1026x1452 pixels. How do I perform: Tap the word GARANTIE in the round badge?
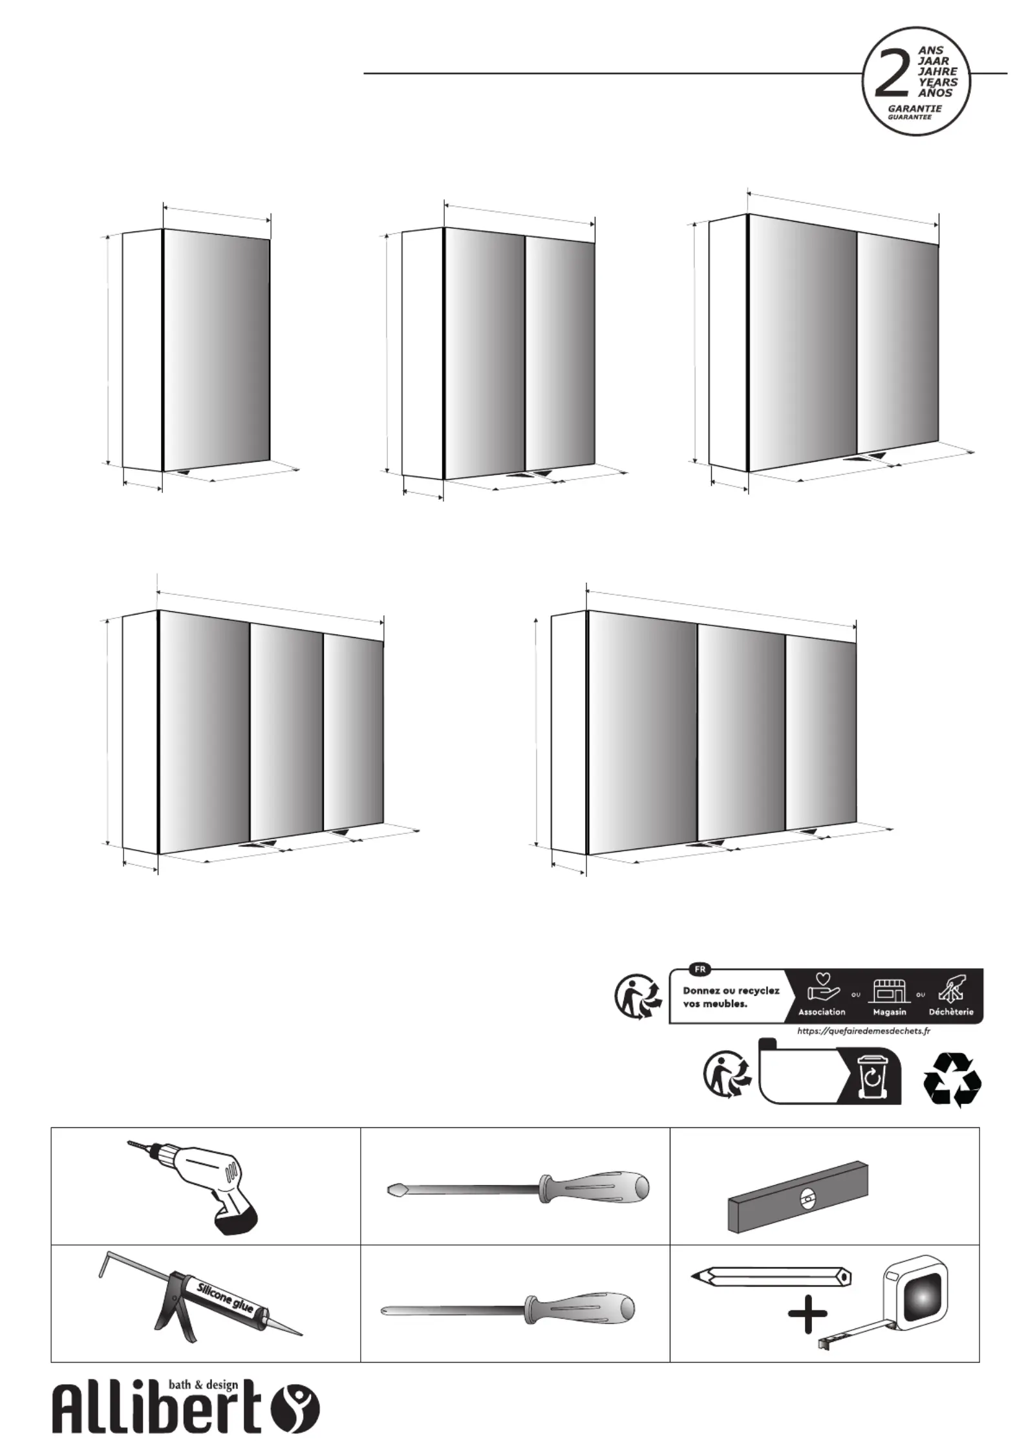[915, 109]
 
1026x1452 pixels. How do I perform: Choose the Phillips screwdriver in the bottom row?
[509, 1310]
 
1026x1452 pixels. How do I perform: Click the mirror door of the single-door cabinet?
[215, 350]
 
